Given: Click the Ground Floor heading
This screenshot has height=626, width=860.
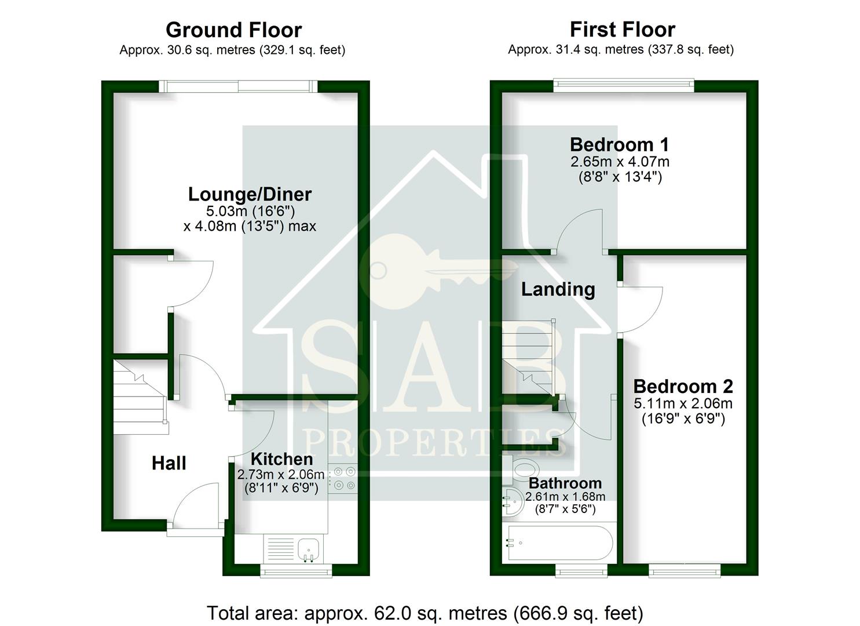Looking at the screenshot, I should tap(233, 30).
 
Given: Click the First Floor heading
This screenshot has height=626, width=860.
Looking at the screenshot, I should tap(622, 29).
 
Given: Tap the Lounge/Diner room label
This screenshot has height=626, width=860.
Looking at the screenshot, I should tap(250, 194).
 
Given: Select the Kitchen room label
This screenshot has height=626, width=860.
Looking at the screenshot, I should tap(281, 459).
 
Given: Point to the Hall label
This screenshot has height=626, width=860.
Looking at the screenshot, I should tap(169, 463).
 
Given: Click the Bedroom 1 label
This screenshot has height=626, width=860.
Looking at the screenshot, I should tap(619, 144).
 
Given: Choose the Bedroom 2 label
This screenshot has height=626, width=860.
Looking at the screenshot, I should tap(683, 386).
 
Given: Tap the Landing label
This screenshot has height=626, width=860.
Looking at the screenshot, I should tap(558, 289).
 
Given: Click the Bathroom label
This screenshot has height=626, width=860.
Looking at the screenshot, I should tap(565, 483).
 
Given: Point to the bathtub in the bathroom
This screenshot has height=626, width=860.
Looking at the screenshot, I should tap(559, 543).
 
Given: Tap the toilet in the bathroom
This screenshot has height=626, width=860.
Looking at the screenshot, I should tap(522, 468).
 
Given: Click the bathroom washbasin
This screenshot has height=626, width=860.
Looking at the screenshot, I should tap(511, 500).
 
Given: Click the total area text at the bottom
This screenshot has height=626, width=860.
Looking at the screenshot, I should tap(424, 613).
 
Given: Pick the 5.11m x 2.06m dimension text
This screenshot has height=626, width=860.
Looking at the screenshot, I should tap(683, 403).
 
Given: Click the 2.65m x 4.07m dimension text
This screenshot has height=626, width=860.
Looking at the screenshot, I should tap(620, 162).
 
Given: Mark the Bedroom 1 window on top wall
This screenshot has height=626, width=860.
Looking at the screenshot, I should tap(623, 86).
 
